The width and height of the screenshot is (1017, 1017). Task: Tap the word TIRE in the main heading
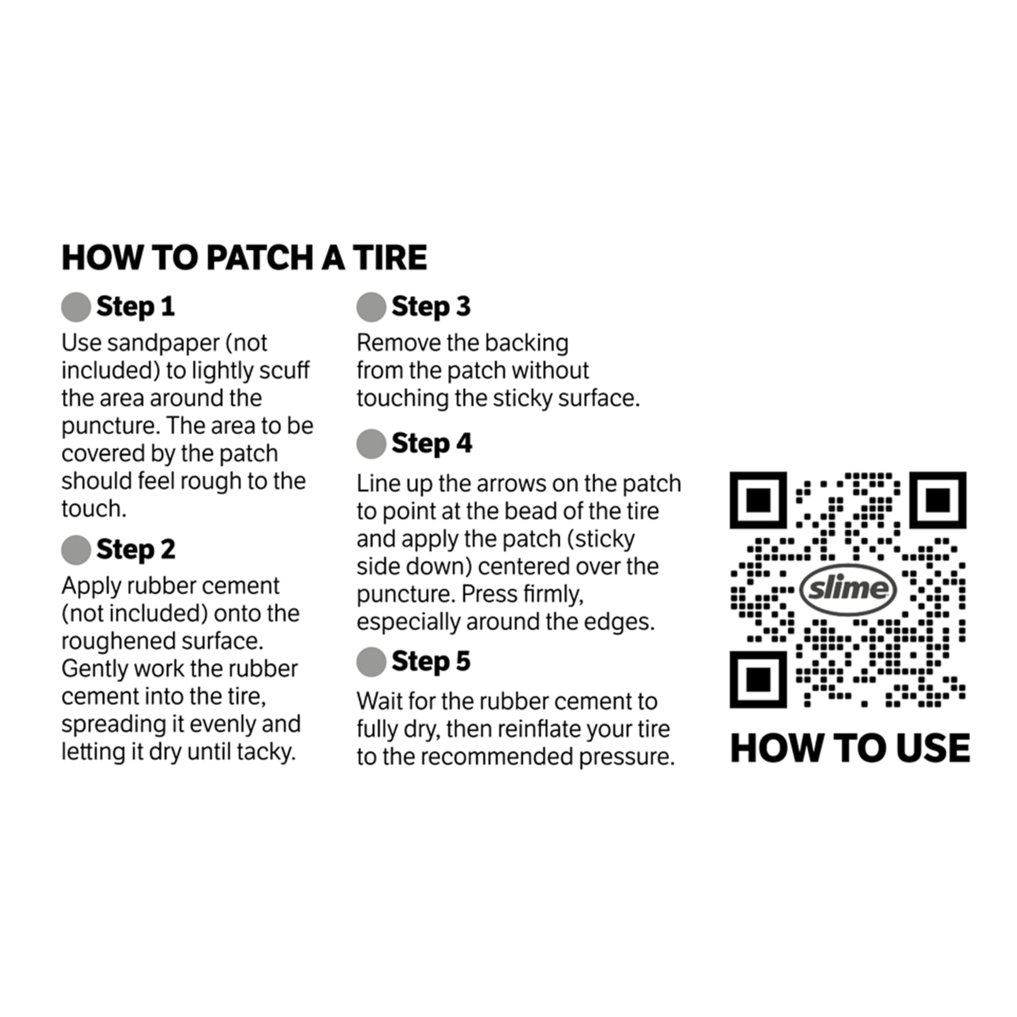point(390,257)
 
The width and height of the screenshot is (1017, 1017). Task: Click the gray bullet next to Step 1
point(76,307)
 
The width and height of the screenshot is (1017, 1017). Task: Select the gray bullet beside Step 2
point(76,550)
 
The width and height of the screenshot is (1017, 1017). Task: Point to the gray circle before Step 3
point(371,307)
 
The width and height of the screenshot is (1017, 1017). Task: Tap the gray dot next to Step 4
point(371,444)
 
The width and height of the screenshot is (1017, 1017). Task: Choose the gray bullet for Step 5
point(371,662)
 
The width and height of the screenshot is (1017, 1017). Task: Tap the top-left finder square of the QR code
point(758,500)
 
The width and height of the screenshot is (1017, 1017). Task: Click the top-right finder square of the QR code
point(938,500)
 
